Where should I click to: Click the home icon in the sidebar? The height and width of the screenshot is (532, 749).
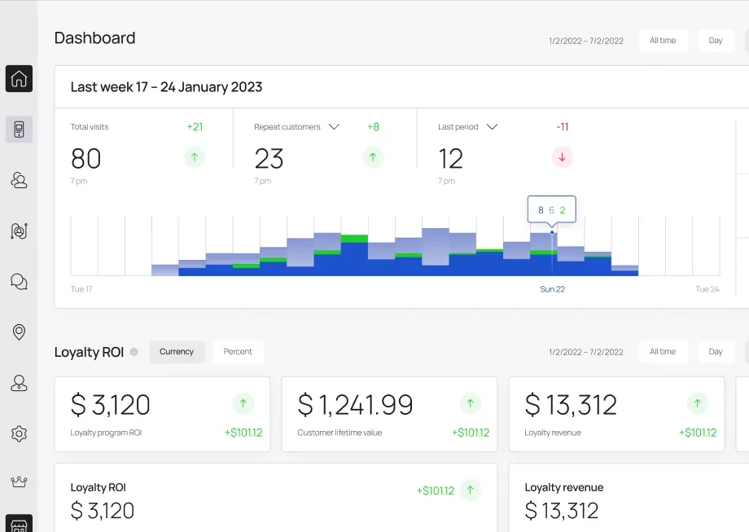(19, 78)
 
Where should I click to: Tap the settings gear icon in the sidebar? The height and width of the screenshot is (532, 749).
(19, 433)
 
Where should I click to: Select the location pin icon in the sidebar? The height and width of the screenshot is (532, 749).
(19, 332)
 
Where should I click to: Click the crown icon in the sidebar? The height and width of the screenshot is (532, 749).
(19, 481)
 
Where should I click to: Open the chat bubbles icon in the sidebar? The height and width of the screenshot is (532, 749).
(19, 282)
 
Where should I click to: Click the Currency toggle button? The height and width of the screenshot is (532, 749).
(177, 352)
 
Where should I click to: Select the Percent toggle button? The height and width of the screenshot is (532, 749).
(238, 352)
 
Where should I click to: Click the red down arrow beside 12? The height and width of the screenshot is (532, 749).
(563, 157)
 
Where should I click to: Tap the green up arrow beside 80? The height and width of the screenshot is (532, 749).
(195, 157)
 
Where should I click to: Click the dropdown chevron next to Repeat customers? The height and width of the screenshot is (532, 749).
(334, 126)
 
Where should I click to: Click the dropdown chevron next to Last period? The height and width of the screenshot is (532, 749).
(492, 126)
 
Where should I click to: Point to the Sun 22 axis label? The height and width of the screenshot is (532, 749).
(552, 289)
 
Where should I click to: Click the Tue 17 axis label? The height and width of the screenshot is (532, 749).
(81, 289)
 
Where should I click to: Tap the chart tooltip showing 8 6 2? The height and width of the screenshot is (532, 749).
(552, 210)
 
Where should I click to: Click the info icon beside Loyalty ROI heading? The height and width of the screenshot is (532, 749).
(134, 352)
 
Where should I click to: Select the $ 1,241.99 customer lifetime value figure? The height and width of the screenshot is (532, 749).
(356, 405)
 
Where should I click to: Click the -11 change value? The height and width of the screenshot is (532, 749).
(563, 126)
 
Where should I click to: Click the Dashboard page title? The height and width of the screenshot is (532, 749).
(95, 37)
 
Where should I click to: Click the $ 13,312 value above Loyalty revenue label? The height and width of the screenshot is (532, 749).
(571, 405)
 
